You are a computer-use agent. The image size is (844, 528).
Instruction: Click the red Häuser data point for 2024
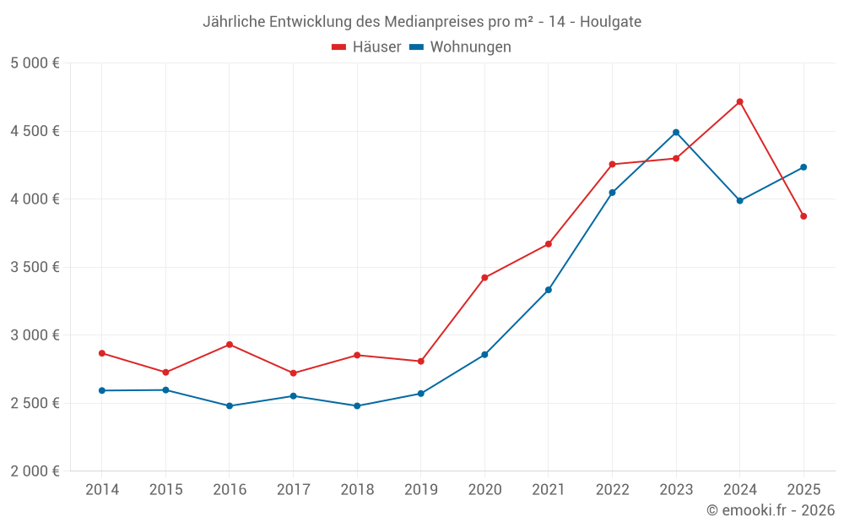739,101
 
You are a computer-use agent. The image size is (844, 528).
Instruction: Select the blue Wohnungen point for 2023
676,133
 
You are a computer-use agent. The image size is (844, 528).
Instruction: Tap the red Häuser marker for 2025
803,216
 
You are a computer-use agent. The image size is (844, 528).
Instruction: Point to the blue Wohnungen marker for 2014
101,390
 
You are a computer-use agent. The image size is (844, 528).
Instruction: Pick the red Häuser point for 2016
230,345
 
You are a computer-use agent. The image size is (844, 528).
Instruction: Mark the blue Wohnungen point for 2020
484,355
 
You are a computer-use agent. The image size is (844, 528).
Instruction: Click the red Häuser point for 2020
484,278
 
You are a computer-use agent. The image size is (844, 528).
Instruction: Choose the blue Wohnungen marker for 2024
739,201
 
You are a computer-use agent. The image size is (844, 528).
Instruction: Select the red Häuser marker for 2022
612,164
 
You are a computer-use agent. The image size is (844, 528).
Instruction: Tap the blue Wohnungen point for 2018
357,406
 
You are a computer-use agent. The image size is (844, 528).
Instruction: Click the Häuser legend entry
366,47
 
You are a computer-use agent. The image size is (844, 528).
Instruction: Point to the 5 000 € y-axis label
35,63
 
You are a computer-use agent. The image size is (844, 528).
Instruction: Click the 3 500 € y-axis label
35,267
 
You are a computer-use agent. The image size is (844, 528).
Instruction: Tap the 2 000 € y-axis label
35,471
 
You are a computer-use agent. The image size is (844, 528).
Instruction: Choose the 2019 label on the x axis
420,490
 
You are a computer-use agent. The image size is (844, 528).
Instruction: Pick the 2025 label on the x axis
803,490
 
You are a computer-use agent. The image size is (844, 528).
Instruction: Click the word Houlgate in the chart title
611,22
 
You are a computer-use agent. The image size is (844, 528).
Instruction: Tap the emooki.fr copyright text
771,510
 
